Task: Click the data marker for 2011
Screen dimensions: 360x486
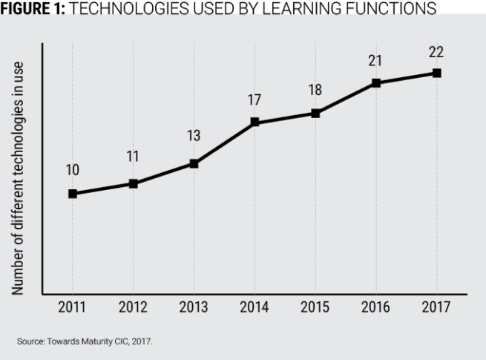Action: coord(73,194)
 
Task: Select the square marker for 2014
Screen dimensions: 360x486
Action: coord(255,122)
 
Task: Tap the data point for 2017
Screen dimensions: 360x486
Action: coord(437,73)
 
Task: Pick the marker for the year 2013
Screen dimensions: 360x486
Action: coord(194,163)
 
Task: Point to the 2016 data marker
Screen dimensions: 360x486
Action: coord(376,83)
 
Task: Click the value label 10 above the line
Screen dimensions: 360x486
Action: coord(73,170)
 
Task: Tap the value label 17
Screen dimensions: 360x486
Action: coord(255,98)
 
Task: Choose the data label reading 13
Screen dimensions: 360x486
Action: coord(194,137)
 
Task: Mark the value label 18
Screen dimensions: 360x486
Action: coord(315,90)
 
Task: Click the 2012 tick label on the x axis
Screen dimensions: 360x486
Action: coord(133,309)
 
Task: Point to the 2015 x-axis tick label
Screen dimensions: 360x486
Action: coord(315,309)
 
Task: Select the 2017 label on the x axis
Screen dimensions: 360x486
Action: coord(437,309)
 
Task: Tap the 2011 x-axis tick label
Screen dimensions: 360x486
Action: coord(73,309)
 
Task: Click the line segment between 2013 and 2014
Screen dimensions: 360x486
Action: coord(224,143)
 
